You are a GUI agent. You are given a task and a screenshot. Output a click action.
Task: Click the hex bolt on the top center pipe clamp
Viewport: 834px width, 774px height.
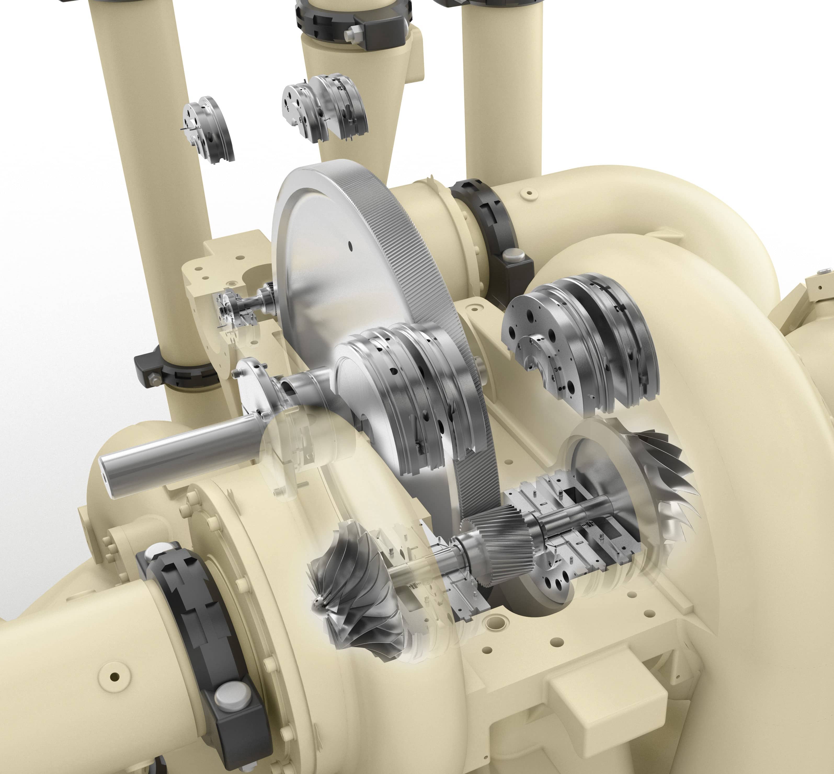pyautogui.click(x=355, y=33)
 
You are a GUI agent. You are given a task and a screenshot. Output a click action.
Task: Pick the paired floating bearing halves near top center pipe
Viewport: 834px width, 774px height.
pyautogui.click(x=325, y=107)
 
